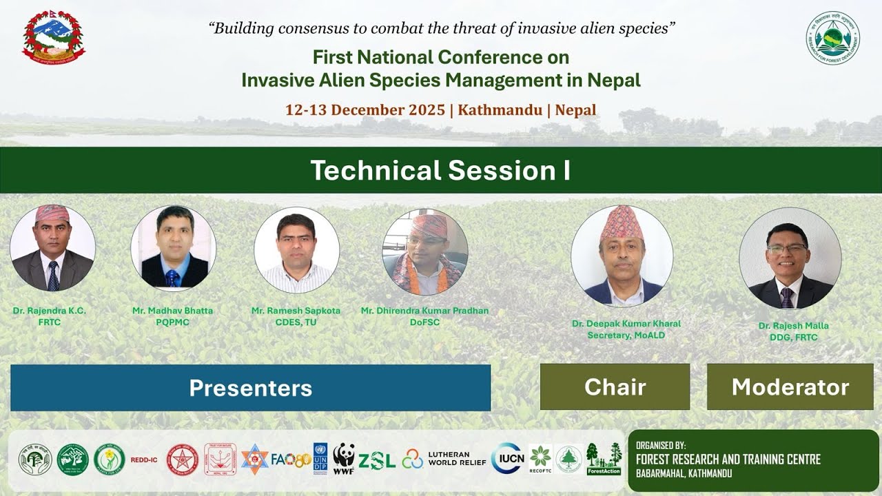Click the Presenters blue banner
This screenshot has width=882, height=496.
pyautogui.click(x=250, y=388)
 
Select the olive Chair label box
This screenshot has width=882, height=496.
pyautogui.click(x=615, y=387)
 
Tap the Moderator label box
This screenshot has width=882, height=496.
pyautogui.click(x=790, y=387)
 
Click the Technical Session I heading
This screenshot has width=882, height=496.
pyautogui.click(x=440, y=170)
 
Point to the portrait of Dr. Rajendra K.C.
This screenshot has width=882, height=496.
pyautogui.click(x=52, y=248)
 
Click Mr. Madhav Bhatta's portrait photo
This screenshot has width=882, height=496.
pyautogui.click(x=173, y=248)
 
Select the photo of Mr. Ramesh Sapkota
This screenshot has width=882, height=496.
pyautogui.click(x=296, y=249)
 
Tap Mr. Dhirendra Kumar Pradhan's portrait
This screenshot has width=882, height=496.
pyautogui.click(x=425, y=252)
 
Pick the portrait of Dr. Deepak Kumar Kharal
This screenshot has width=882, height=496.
pyautogui.click(x=622, y=256)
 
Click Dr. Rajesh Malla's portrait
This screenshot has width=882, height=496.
pyautogui.click(x=790, y=258)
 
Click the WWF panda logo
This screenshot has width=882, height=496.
pyautogui.click(x=344, y=458)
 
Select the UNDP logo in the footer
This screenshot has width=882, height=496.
pyautogui.click(x=320, y=458)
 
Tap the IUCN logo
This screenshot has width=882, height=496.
pyautogui.click(x=509, y=459)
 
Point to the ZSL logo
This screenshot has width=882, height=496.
pyautogui.click(x=377, y=459)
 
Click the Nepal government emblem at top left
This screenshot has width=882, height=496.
pyautogui.click(x=54, y=38)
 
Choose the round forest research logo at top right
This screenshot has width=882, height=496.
pyautogui.click(x=832, y=38)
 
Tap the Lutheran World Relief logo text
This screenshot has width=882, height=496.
pyautogui.click(x=457, y=459)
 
